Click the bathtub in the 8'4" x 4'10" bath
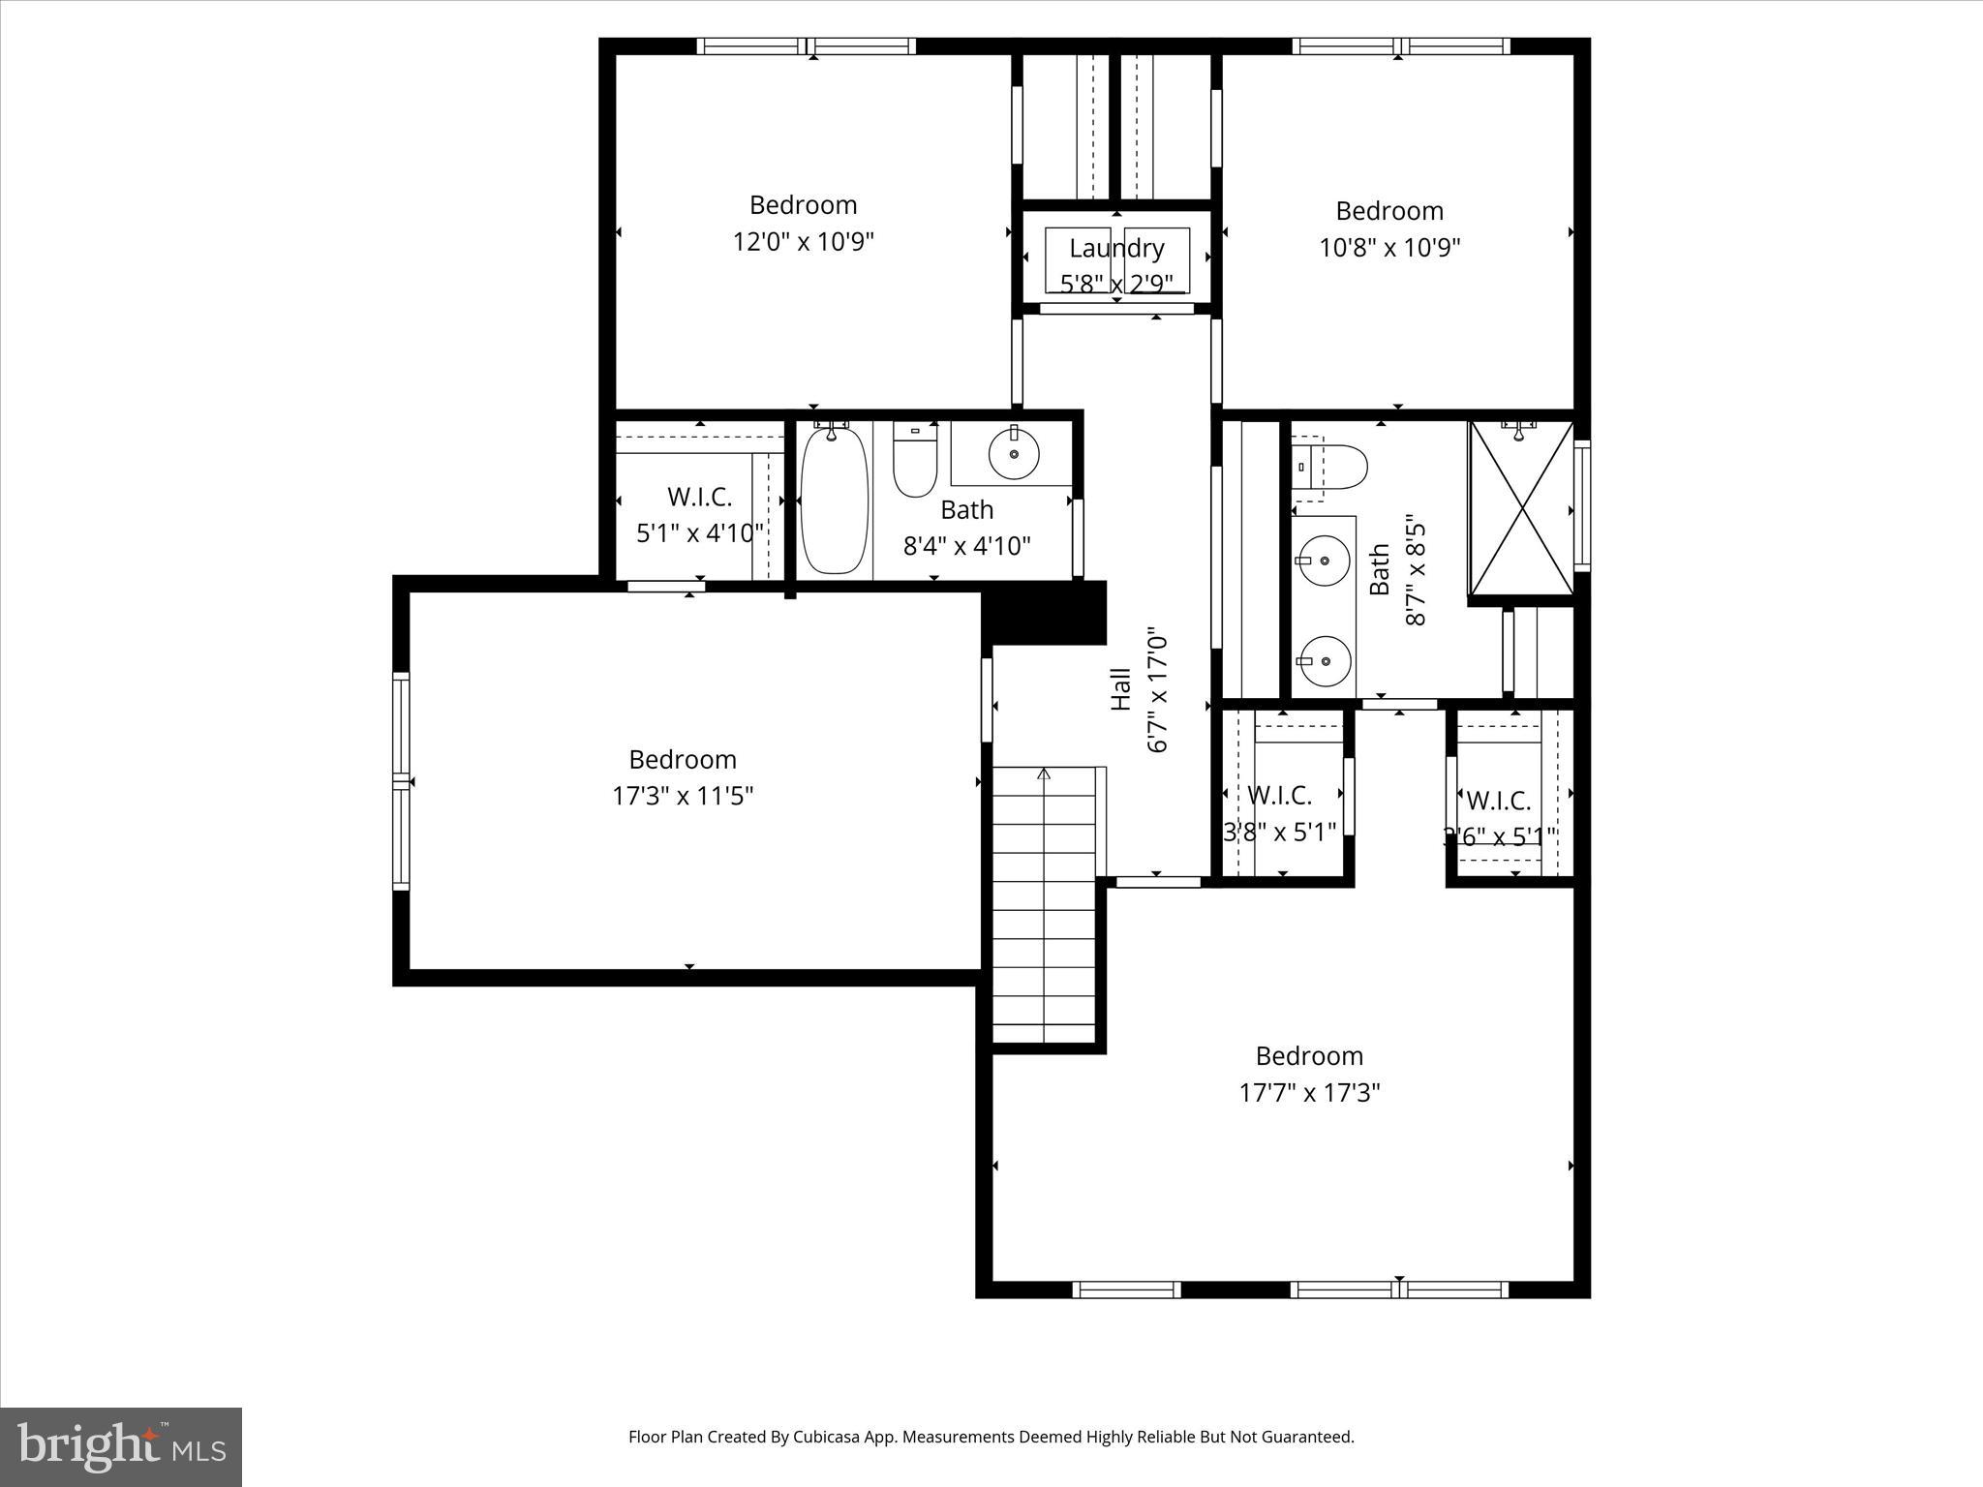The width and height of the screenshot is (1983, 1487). pyautogui.click(x=834, y=501)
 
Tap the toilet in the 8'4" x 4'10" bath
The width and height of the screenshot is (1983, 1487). pyautogui.click(x=915, y=463)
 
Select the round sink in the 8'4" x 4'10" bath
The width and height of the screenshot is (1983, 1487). pyautogui.click(x=1014, y=452)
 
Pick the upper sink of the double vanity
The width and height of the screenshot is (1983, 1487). pyautogui.click(x=1323, y=560)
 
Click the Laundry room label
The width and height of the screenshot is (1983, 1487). pyautogui.click(x=1116, y=248)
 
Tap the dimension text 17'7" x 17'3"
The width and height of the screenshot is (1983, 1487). pyautogui.click(x=1309, y=1093)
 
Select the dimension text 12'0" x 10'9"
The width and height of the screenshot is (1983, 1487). pyautogui.click(x=803, y=241)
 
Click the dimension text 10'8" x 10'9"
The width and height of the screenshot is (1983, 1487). pyautogui.click(x=1389, y=247)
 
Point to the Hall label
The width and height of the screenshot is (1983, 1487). pyautogui.click(x=1120, y=689)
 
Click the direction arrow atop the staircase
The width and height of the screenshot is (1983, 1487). pyautogui.click(x=1044, y=774)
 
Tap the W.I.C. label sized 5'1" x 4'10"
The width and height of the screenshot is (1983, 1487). pyautogui.click(x=699, y=497)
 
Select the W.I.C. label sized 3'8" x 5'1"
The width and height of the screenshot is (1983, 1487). pyautogui.click(x=1279, y=796)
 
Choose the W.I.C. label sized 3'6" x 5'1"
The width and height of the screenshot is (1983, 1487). pyautogui.click(x=1498, y=801)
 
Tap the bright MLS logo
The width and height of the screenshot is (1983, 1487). pyautogui.click(x=121, y=1446)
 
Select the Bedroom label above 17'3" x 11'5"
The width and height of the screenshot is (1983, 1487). pyautogui.click(x=683, y=759)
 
